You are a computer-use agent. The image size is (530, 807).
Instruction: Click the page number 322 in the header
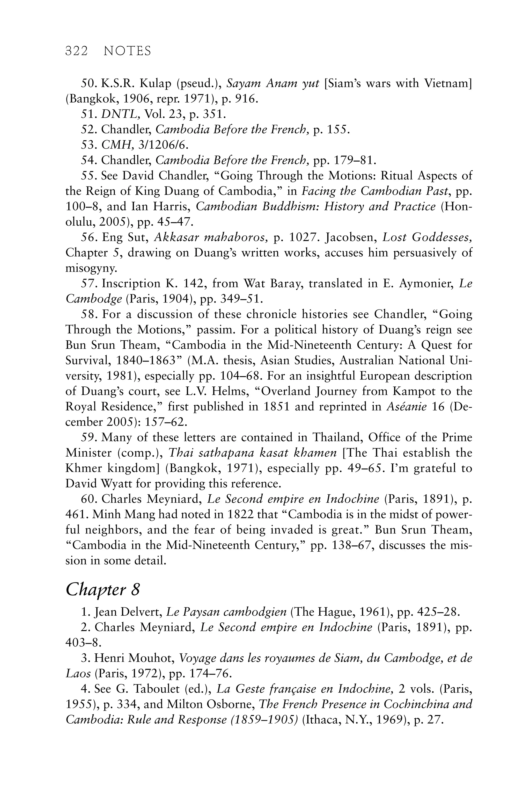click(x=76, y=51)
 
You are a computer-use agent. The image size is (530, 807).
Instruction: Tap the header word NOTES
click(x=127, y=51)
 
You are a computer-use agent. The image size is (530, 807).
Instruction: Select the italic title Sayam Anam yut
click(x=273, y=83)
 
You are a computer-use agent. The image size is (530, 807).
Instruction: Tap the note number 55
click(x=89, y=176)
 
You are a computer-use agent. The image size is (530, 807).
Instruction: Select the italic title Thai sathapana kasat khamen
click(x=253, y=453)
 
